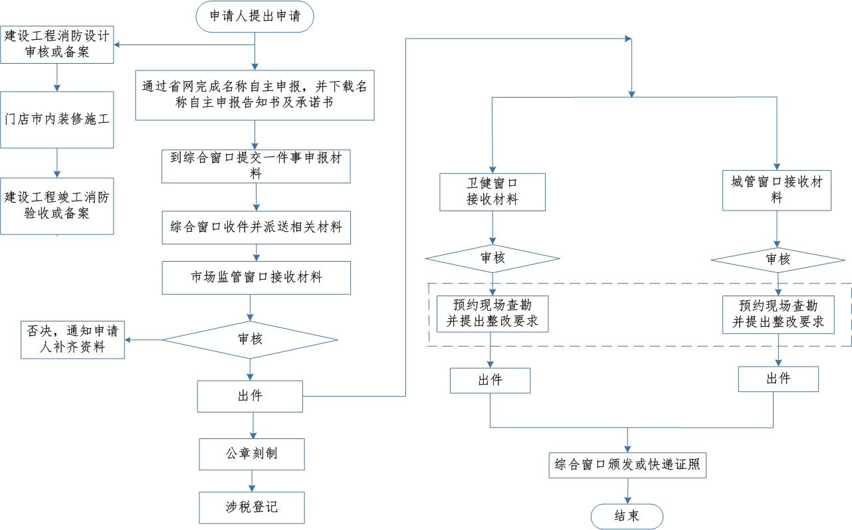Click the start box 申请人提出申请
click(x=255, y=17)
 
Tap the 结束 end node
click(x=627, y=516)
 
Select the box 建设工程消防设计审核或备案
click(x=57, y=44)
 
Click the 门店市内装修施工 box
click(x=57, y=120)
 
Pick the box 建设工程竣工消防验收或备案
click(x=57, y=206)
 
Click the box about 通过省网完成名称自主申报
click(x=255, y=95)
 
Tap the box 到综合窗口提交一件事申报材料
click(x=256, y=166)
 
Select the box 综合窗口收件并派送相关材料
click(x=257, y=227)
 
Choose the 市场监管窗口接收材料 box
click(x=257, y=278)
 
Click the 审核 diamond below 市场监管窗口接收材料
click(x=250, y=339)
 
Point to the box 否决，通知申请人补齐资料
click(x=72, y=339)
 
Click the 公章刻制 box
click(x=252, y=454)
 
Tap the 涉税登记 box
click(x=252, y=507)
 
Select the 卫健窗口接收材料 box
click(x=492, y=192)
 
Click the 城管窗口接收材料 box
click(x=777, y=190)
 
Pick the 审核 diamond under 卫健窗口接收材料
click(x=492, y=258)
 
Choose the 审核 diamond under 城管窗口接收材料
click(x=778, y=260)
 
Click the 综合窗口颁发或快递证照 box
click(x=627, y=465)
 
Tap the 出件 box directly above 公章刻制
click(x=250, y=396)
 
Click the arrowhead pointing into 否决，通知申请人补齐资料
click(x=128, y=339)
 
